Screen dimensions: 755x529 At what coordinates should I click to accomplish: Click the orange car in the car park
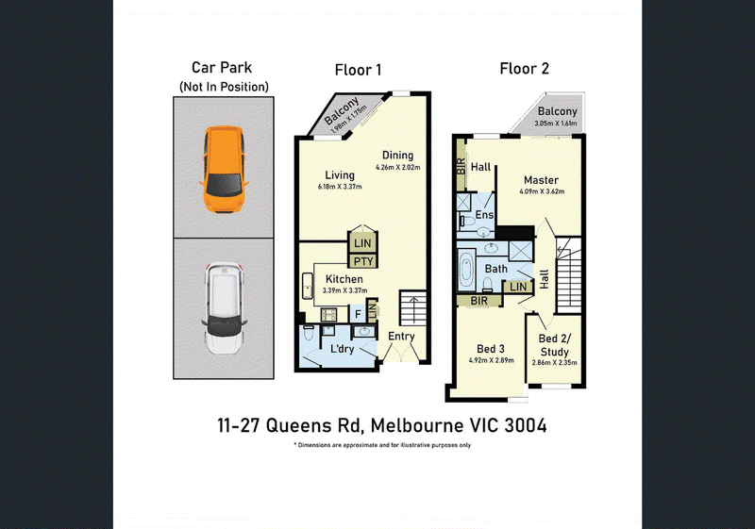click(x=224, y=169)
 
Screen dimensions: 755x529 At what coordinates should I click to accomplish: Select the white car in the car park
click(x=225, y=307)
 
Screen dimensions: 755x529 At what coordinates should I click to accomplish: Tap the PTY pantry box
click(x=363, y=261)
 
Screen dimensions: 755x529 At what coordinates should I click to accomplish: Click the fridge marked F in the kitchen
click(x=358, y=315)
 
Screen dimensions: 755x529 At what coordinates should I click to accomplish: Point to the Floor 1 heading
click(x=358, y=70)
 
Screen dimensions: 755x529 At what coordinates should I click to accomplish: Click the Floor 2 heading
click(x=525, y=69)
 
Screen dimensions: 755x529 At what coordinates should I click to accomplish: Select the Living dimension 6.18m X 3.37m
click(x=340, y=187)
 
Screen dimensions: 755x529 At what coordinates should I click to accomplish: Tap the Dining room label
click(x=397, y=156)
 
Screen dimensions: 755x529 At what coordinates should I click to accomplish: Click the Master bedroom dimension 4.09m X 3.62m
click(x=542, y=191)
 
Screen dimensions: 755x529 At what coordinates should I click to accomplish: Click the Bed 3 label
click(x=491, y=349)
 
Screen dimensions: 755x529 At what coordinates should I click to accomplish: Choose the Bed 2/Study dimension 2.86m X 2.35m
click(x=554, y=363)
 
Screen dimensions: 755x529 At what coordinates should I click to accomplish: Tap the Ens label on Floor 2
click(x=484, y=214)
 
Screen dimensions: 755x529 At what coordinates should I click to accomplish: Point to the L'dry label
click(x=342, y=349)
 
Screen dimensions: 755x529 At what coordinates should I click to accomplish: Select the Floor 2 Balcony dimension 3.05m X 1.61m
click(x=556, y=124)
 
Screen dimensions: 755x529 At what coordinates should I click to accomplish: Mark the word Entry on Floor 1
click(x=401, y=337)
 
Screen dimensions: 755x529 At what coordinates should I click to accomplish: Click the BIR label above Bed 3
click(x=479, y=301)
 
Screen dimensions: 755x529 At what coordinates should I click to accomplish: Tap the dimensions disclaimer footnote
click(x=382, y=445)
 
